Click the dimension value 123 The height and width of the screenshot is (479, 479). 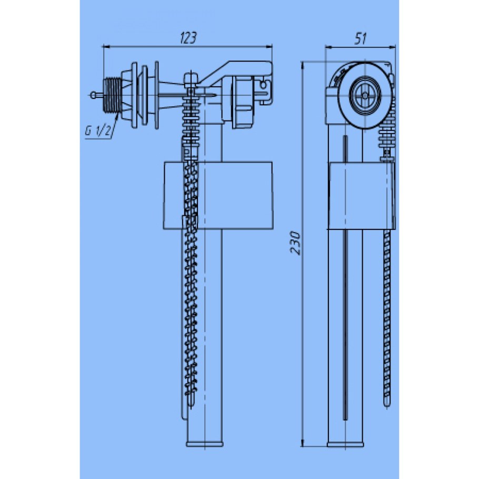[x=188, y=37]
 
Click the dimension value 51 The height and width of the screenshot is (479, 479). [x=361, y=39]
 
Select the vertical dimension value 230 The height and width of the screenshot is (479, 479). [x=295, y=243]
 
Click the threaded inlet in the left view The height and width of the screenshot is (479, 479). [x=113, y=95]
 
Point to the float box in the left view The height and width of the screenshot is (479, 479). [x=217, y=195]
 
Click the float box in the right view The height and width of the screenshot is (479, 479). [x=362, y=195]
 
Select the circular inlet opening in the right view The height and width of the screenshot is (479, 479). [x=365, y=95]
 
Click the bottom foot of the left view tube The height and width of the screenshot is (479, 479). [x=205, y=444]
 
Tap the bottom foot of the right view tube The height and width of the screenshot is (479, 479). [x=345, y=444]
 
